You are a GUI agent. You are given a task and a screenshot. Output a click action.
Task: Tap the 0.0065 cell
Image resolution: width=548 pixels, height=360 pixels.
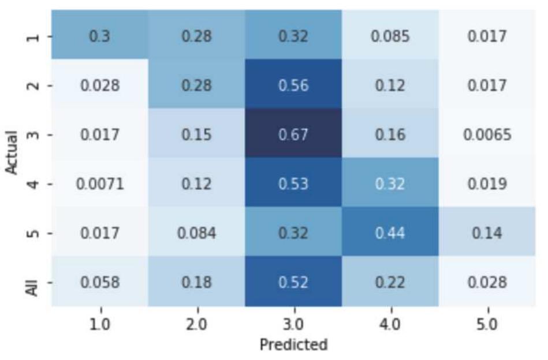pos(487,135)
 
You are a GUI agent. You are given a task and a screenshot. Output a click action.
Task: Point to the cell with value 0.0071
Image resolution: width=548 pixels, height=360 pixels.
pos(100,184)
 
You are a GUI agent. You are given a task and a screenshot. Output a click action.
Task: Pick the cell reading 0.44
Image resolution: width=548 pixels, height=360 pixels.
pos(390,233)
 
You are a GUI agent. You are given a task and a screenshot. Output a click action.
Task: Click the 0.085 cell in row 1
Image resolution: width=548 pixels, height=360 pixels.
pos(390,37)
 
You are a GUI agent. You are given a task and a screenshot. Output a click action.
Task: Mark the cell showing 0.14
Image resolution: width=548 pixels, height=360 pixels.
pos(487,233)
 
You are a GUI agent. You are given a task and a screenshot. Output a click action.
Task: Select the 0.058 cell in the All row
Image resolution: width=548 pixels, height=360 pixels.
pos(100,283)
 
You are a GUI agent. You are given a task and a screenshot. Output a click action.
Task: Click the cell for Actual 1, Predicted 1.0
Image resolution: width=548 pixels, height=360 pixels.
pos(100,37)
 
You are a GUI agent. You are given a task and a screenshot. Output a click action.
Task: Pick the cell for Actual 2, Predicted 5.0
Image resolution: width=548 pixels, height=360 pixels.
pos(487,86)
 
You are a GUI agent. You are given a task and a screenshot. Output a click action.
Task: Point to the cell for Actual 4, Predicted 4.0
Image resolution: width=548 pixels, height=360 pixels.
pos(390,184)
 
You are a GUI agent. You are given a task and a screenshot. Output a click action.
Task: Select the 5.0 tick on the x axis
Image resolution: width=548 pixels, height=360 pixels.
pos(487,324)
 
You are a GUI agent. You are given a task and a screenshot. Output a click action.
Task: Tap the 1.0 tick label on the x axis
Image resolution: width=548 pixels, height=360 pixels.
pos(100,324)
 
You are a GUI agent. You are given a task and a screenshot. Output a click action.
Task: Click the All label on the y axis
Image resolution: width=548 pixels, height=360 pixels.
pos(34,283)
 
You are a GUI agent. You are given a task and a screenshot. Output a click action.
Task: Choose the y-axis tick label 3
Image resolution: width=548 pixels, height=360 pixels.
pos(35,135)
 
